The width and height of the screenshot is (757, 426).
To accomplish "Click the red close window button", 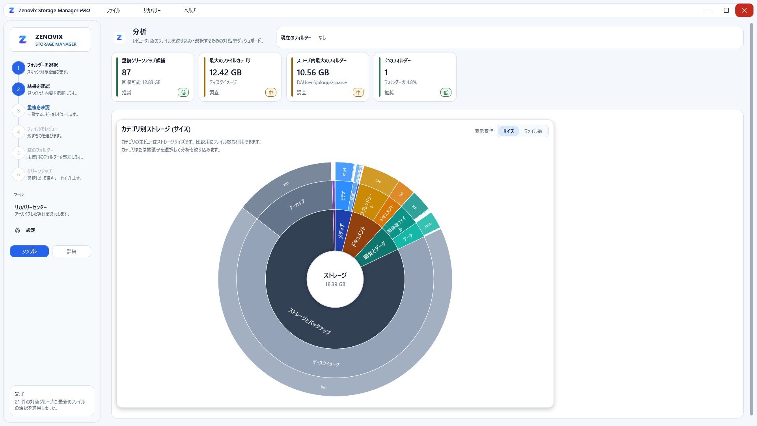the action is pos(744,10).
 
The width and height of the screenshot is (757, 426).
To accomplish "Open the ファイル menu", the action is pos(113,11).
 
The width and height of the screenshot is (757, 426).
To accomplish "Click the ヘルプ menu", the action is pos(190,11).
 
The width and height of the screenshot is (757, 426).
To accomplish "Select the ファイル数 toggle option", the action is pos(533,131).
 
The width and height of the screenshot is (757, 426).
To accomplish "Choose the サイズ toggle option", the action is pos(508,131).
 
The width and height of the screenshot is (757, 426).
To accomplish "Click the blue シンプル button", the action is pos(29,251).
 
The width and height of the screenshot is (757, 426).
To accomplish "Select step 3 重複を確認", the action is pos(38,107).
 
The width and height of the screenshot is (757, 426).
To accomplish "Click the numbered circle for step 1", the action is pos(19,68).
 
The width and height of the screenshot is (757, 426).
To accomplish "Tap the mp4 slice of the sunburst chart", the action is pos(344,172).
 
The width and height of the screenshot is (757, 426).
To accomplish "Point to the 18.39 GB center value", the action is pos(335,284).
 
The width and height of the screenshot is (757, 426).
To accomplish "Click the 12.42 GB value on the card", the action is pos(226,73).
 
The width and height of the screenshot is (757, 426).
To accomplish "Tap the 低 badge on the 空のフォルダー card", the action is pos(446,93).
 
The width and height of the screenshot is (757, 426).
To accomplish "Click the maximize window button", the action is pos(726,10).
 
